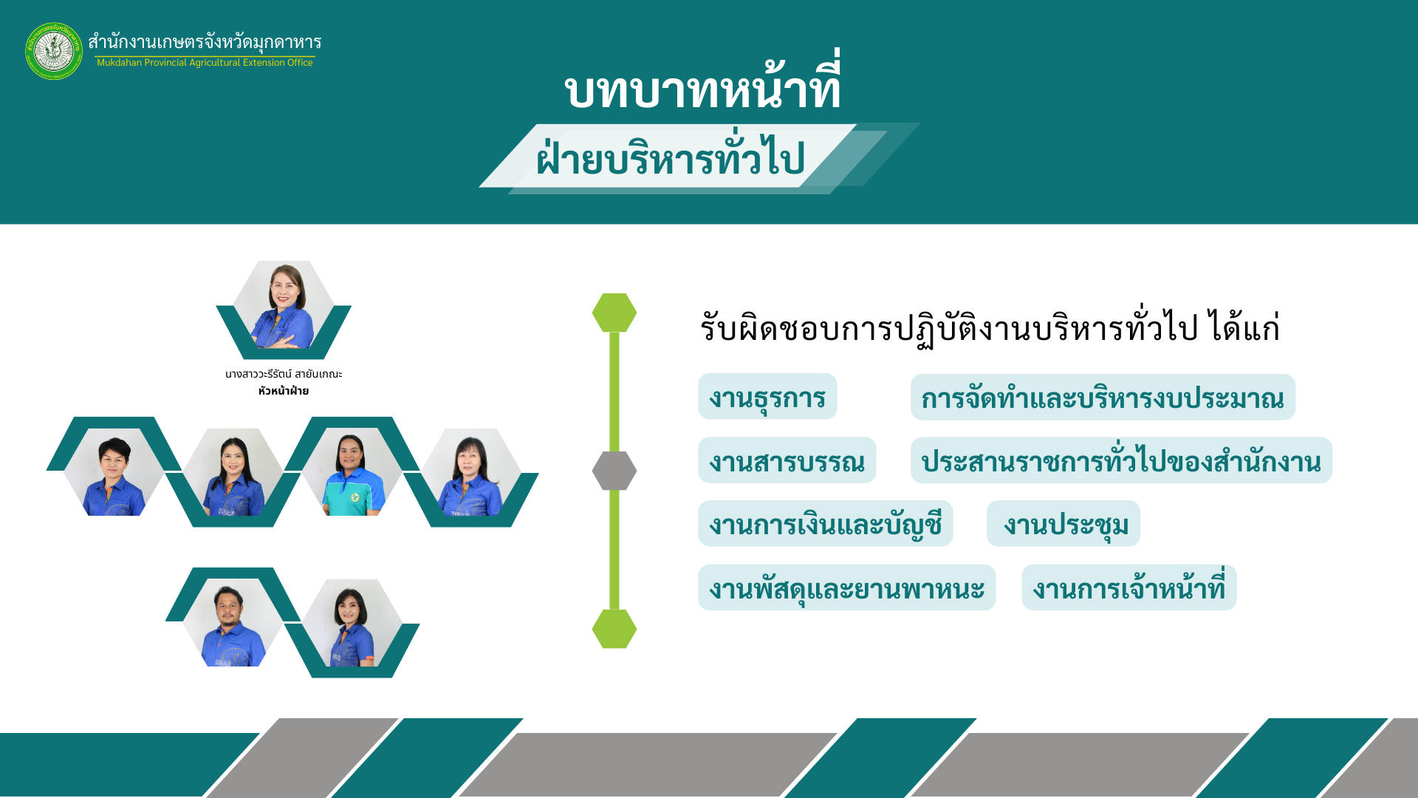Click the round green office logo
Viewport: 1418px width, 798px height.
(54, 51)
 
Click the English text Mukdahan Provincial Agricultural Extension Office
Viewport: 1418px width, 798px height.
(205, 63)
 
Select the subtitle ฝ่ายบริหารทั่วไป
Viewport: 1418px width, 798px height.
(670, 157)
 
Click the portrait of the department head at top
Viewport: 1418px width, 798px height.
(284, 305)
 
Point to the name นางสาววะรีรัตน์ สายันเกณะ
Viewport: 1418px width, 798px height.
(284, 374)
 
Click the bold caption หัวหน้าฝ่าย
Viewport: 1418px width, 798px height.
(284, 391)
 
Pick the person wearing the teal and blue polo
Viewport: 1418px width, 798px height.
(352, 472)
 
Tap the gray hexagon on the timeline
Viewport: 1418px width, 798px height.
(614, 471)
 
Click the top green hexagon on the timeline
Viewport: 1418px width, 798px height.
(614, 313)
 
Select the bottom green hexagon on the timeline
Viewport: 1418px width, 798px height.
(614, 629)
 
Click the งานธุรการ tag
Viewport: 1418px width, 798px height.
(767, 397)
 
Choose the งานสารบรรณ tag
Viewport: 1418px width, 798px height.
(787, 460)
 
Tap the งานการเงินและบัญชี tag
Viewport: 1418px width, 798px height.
(826, 524)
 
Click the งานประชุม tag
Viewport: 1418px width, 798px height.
(1063, 524)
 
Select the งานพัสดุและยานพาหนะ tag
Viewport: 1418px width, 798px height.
(847, 587)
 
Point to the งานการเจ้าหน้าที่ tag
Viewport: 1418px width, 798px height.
(1129, 587)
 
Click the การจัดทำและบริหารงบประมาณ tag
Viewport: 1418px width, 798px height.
(1103, 397)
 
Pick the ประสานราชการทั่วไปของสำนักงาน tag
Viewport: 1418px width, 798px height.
(1121, 460)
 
